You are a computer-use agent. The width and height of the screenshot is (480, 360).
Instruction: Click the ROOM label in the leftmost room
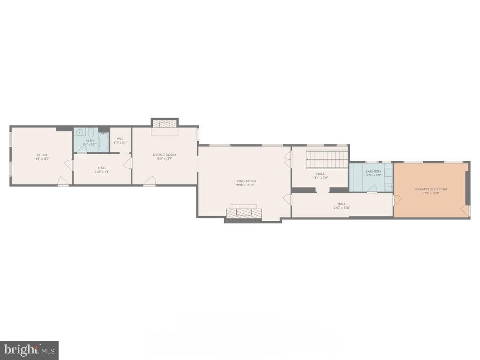pos(42,155)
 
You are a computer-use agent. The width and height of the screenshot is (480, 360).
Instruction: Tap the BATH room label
pos(90,140)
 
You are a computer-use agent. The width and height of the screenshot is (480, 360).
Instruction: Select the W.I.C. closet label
pos(120,139)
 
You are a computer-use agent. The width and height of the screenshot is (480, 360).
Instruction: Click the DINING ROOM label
pos(164,155)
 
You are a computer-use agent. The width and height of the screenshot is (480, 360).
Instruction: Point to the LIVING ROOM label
pos(245,181)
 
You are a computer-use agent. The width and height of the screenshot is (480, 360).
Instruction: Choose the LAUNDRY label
pos(374,171)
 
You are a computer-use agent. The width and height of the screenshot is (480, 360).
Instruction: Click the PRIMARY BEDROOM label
pos(431,189)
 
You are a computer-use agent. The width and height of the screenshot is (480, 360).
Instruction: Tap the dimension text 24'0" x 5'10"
pos(342,208)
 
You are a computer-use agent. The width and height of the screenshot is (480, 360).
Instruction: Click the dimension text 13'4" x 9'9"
pos(320,178)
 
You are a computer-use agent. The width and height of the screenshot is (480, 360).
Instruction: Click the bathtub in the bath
pos(103,142)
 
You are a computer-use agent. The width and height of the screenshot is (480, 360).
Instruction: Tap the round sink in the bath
pos(79,133)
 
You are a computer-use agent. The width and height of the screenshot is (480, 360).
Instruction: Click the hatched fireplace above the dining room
pos(165,123)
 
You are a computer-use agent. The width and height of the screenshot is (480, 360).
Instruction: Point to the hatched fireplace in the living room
pos(243,213)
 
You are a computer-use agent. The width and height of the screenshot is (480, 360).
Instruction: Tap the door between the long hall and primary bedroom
pos(397,200)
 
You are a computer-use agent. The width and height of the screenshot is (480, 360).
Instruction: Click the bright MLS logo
pos(29,350)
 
